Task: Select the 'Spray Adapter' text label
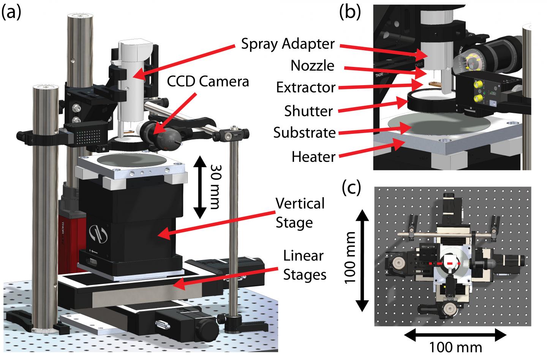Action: point(288,44)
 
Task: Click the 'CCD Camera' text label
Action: point(207,81)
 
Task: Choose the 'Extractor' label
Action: point(306,88)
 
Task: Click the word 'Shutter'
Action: point(308,111)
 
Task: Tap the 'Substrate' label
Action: point(305,133)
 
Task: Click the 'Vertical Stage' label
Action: point(300,213)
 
